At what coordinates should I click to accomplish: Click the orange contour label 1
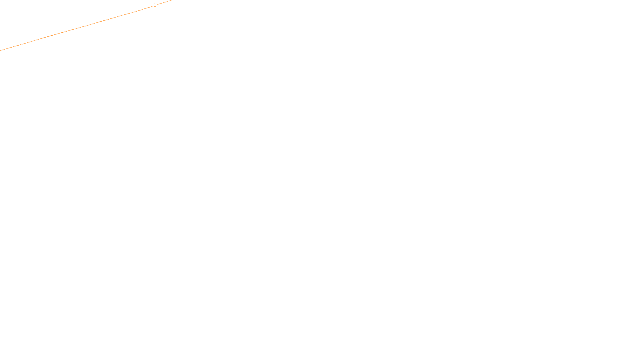[155, 5]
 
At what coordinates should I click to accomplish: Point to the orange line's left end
[0, 50]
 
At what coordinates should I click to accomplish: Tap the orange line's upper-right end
[171, 0]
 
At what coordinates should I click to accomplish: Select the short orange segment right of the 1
[164, 2]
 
